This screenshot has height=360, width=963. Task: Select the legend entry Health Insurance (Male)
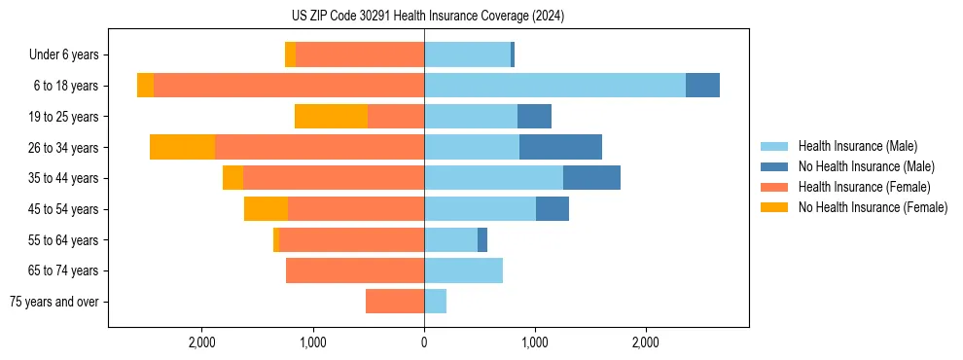857,146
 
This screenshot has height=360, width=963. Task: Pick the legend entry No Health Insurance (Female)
873,207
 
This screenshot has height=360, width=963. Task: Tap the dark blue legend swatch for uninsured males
774,166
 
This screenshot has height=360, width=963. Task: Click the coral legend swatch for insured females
774,187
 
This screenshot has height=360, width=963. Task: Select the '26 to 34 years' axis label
64,148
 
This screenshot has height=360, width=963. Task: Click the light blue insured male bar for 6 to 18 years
554,86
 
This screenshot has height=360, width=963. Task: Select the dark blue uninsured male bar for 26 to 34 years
560,147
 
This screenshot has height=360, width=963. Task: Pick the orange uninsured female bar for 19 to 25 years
331,117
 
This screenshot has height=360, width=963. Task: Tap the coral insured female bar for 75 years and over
395,302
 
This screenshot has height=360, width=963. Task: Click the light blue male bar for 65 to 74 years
463,270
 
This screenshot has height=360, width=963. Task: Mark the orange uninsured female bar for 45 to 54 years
266,209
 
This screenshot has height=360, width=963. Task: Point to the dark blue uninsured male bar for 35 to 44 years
591,178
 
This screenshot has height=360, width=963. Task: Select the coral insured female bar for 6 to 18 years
289,86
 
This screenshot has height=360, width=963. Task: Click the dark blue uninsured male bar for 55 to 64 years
482,239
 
